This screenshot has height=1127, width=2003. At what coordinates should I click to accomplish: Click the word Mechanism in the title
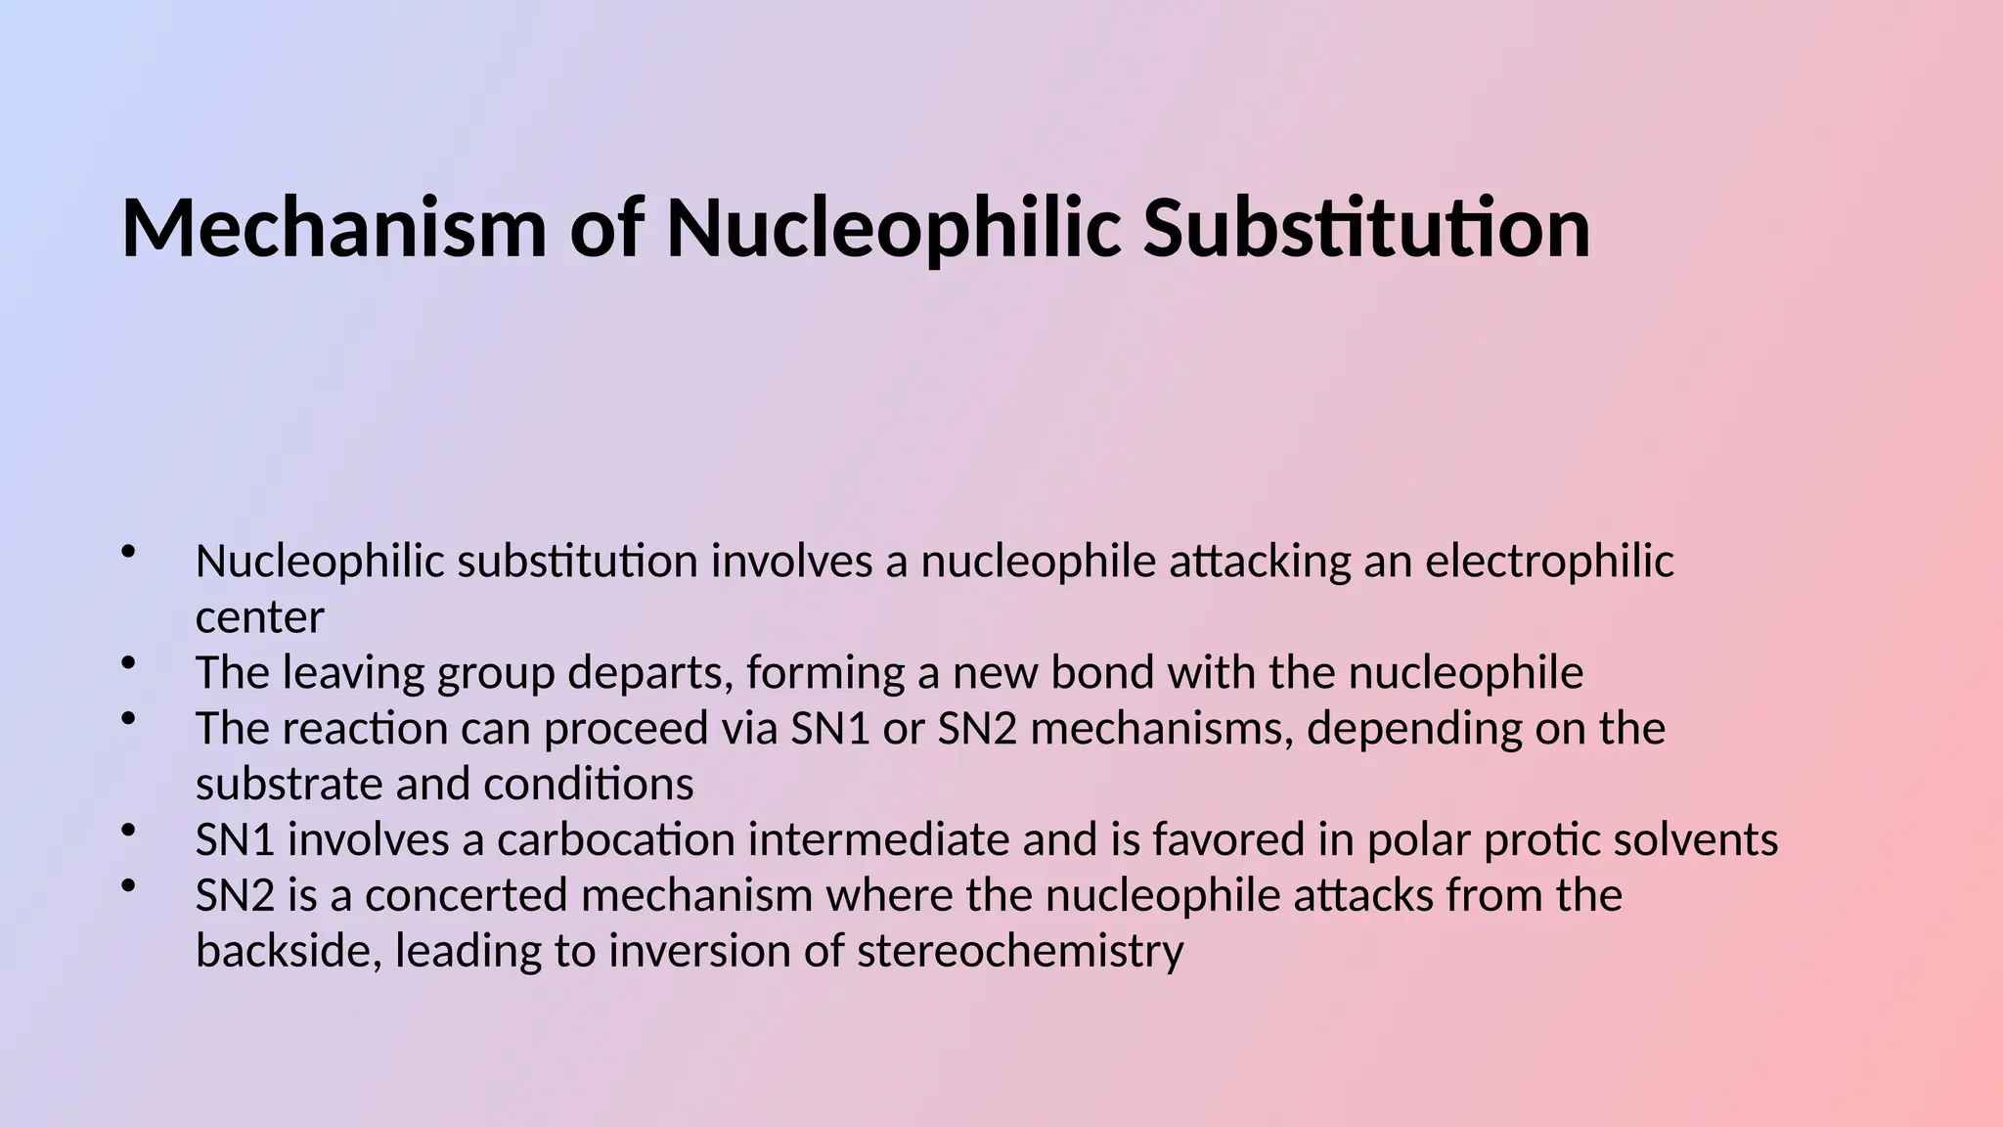tap(333, 229)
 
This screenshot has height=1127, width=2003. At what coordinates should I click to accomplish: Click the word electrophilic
tap(1549, 562)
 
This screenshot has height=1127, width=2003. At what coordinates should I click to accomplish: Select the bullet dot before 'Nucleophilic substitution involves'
tap(127, 553)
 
